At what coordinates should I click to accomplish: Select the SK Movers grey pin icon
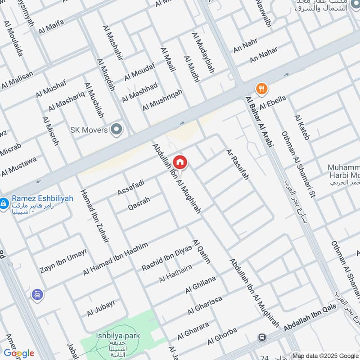point(117,130)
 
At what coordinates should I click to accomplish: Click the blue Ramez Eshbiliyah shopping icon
point(4,203)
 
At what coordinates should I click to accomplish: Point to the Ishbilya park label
point(118,335)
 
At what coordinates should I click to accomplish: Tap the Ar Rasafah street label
point(238,165)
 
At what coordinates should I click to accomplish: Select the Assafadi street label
point(131,187)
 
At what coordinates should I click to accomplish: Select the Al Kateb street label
point(302,127)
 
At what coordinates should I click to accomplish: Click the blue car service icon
point(37,295)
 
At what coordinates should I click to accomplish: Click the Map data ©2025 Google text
point(325,355)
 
